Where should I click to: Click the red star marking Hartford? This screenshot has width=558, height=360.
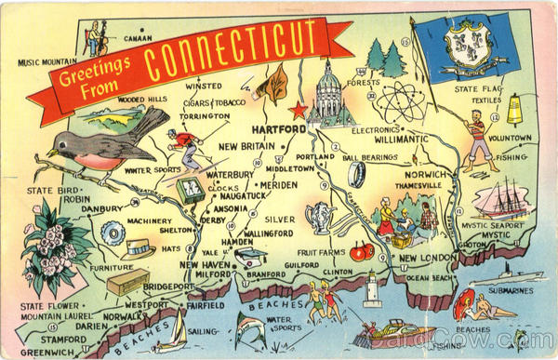point(299,110)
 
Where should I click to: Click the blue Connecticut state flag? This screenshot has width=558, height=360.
point(464,47)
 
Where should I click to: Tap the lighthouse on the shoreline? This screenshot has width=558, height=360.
point(372,290)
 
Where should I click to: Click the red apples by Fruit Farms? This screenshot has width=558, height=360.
point(361,250)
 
